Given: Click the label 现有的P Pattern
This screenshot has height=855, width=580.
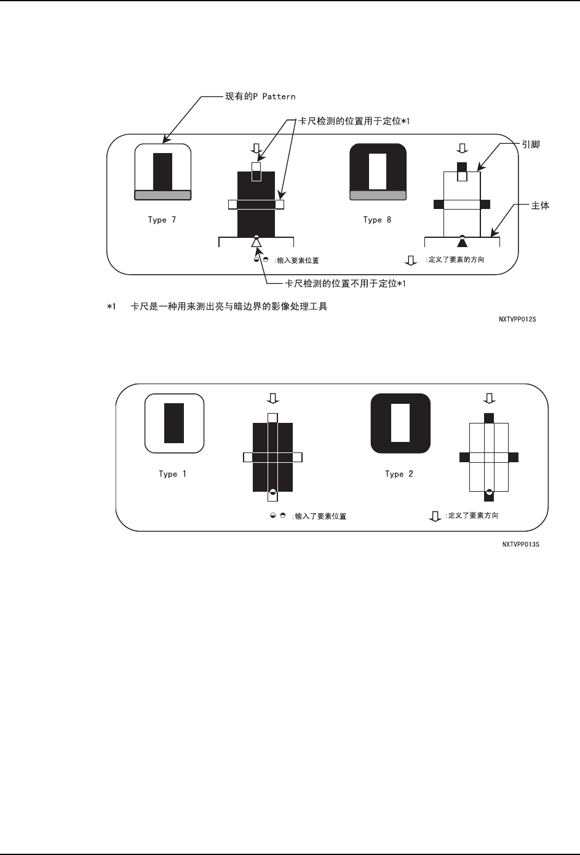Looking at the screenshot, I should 260,97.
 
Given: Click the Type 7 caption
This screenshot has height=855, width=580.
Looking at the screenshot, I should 162,220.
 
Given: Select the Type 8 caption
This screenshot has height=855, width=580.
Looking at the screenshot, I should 377,220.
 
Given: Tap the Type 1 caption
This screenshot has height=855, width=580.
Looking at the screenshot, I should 172,474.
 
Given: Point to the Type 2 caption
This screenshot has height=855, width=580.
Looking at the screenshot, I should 399,474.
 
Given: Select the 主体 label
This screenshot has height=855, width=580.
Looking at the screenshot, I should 540,205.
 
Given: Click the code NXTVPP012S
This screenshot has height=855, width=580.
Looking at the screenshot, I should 517,320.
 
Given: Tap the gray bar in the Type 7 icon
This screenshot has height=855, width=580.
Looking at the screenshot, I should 163,195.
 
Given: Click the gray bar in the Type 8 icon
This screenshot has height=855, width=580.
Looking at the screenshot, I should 378,195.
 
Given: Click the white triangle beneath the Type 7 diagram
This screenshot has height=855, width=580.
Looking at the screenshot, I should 256,243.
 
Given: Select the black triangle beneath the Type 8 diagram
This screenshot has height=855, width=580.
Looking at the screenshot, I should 462,242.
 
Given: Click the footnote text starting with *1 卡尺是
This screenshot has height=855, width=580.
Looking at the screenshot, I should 218,306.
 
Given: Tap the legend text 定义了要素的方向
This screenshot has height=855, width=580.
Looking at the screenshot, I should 455,260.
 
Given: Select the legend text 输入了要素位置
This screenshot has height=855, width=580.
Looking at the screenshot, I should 320,516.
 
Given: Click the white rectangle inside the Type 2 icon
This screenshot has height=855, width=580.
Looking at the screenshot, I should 400,423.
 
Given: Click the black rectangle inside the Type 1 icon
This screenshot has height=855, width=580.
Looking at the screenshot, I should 174,423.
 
